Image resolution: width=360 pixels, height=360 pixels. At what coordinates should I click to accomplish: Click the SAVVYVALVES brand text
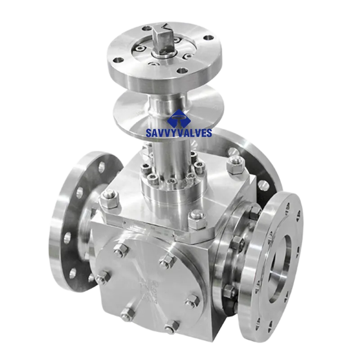click(179, 133)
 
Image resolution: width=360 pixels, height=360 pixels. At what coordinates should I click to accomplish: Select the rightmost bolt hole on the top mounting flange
click(208, 38)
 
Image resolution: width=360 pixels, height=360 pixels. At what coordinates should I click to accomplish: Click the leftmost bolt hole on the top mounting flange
click(118, 60)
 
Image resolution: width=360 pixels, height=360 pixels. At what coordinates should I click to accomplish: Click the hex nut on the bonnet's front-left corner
click(110, 199)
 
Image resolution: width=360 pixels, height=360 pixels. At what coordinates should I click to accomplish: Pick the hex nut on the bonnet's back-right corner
click(235, 164)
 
